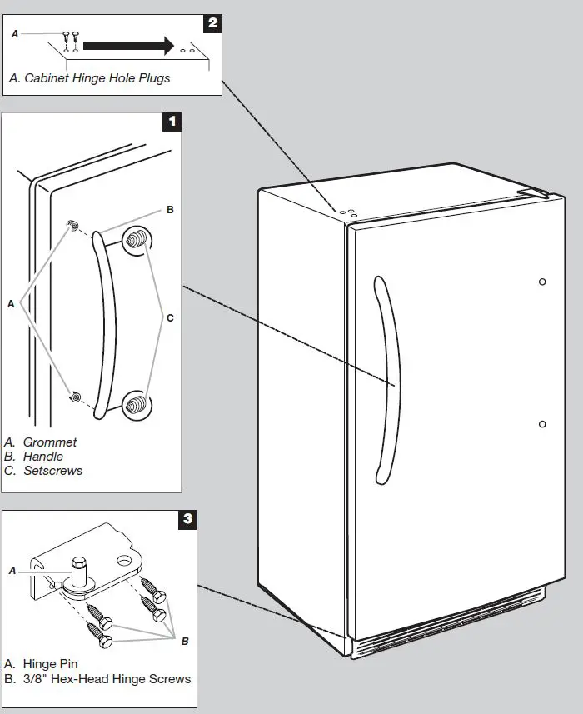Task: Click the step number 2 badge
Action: click(212, 22)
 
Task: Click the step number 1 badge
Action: click(172, 122)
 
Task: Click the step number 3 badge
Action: click(188, 519)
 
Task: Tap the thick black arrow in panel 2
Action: click(128, 45)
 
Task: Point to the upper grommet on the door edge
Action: click(74, 227)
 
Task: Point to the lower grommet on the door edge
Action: click(75, 397)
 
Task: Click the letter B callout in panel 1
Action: click(170, 210)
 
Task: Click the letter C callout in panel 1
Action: click(170, 317)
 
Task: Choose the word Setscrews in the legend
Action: click(52, 471)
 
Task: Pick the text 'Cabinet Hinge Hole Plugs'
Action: click(97, 78)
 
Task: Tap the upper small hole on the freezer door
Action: click(542, 282)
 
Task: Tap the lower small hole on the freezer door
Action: click(542, 424)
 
